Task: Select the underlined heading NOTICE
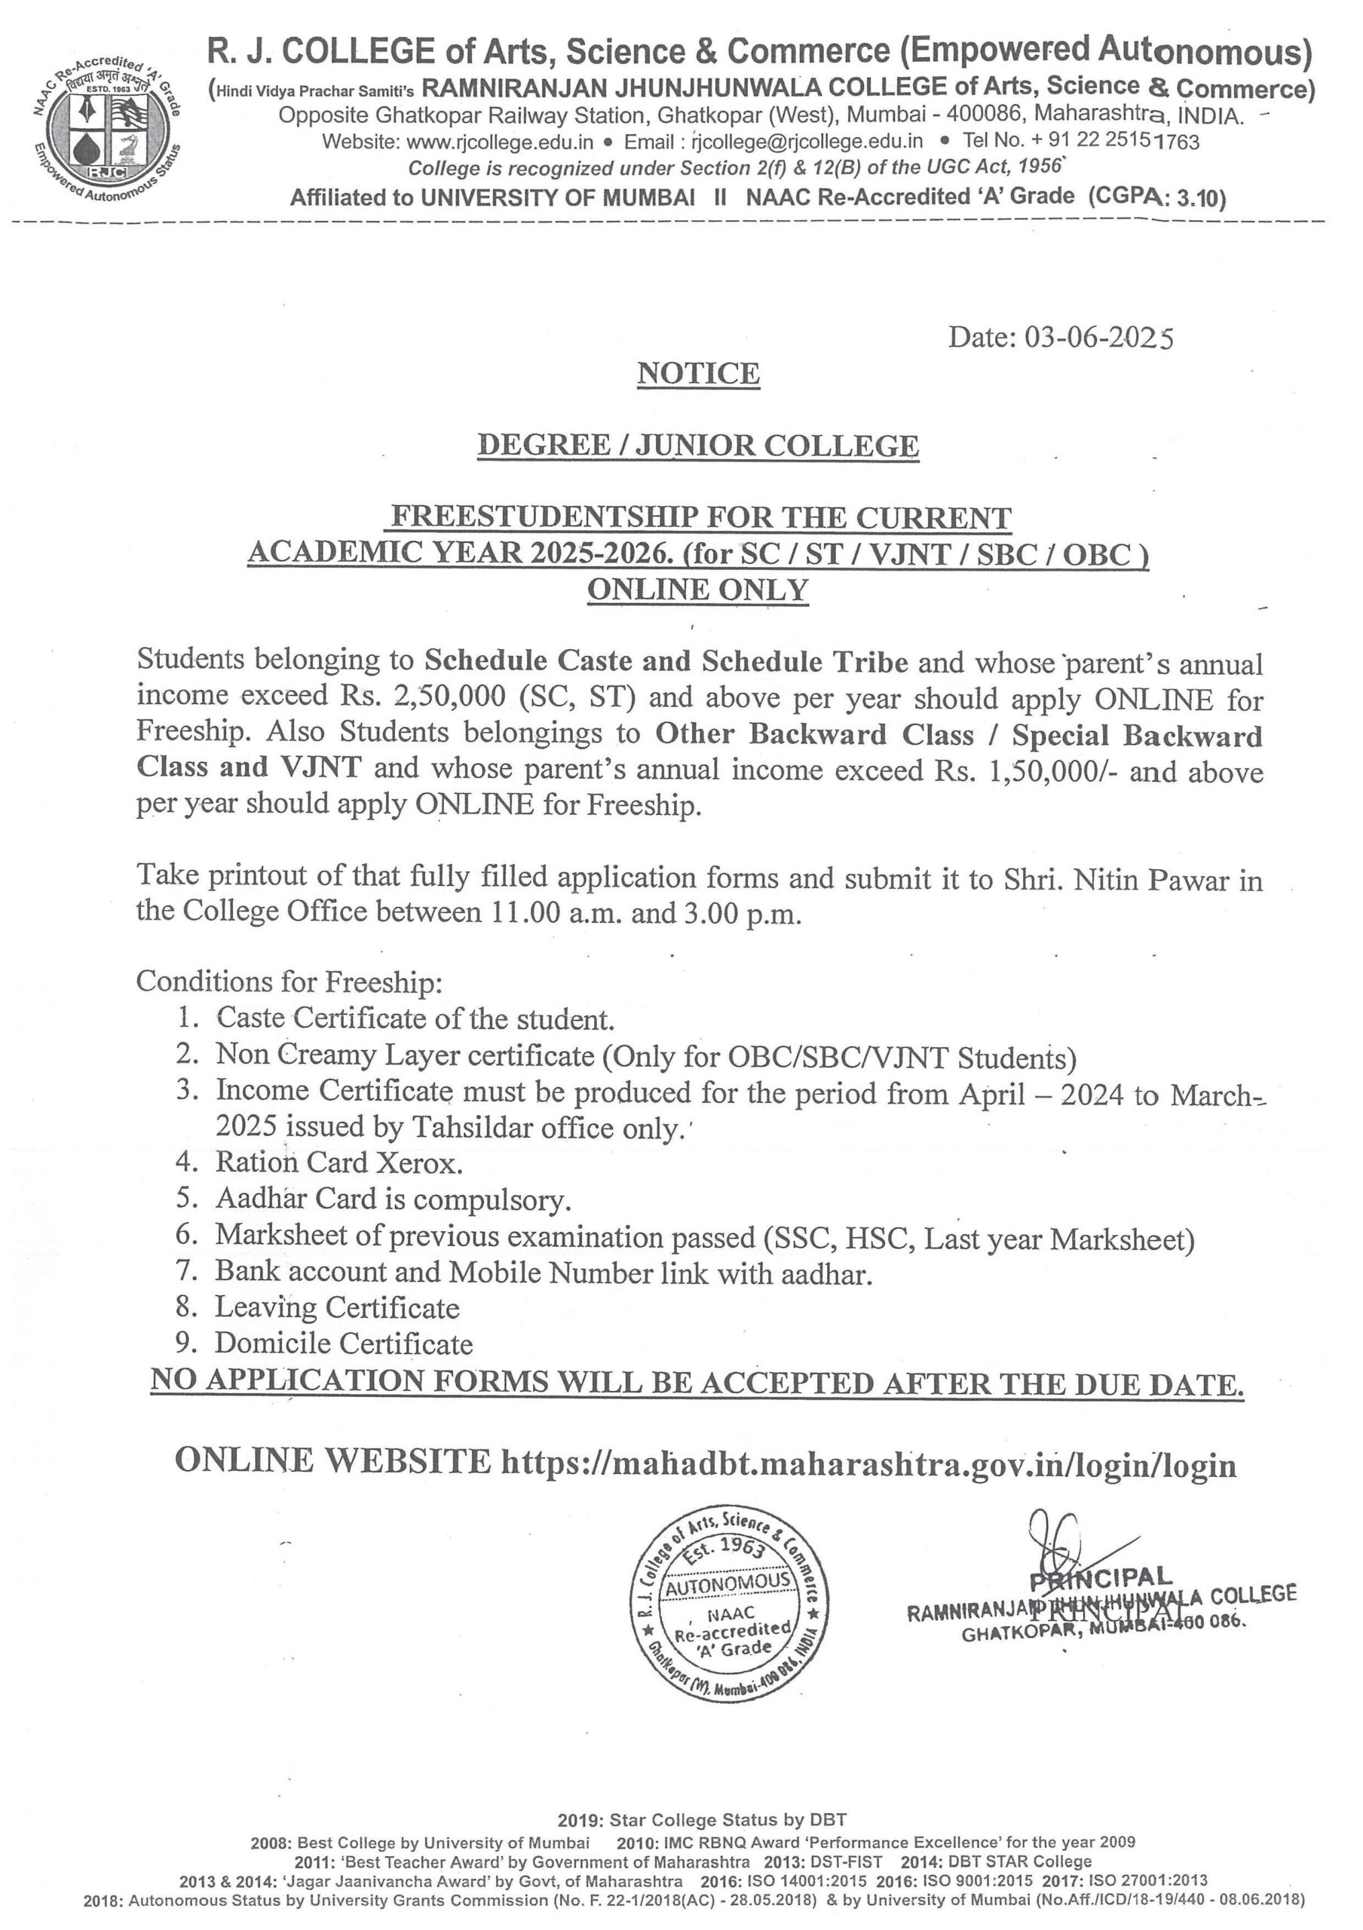tap(698, 373)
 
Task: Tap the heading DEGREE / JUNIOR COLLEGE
tap(697, 446)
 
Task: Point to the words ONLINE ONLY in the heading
tap(697, 590)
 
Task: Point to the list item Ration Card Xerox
tap(339, 1163)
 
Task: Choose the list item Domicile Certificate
tap(344, 1343)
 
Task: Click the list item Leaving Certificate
tap(337, 1307)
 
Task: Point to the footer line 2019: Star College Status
tap(702, 1821)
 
